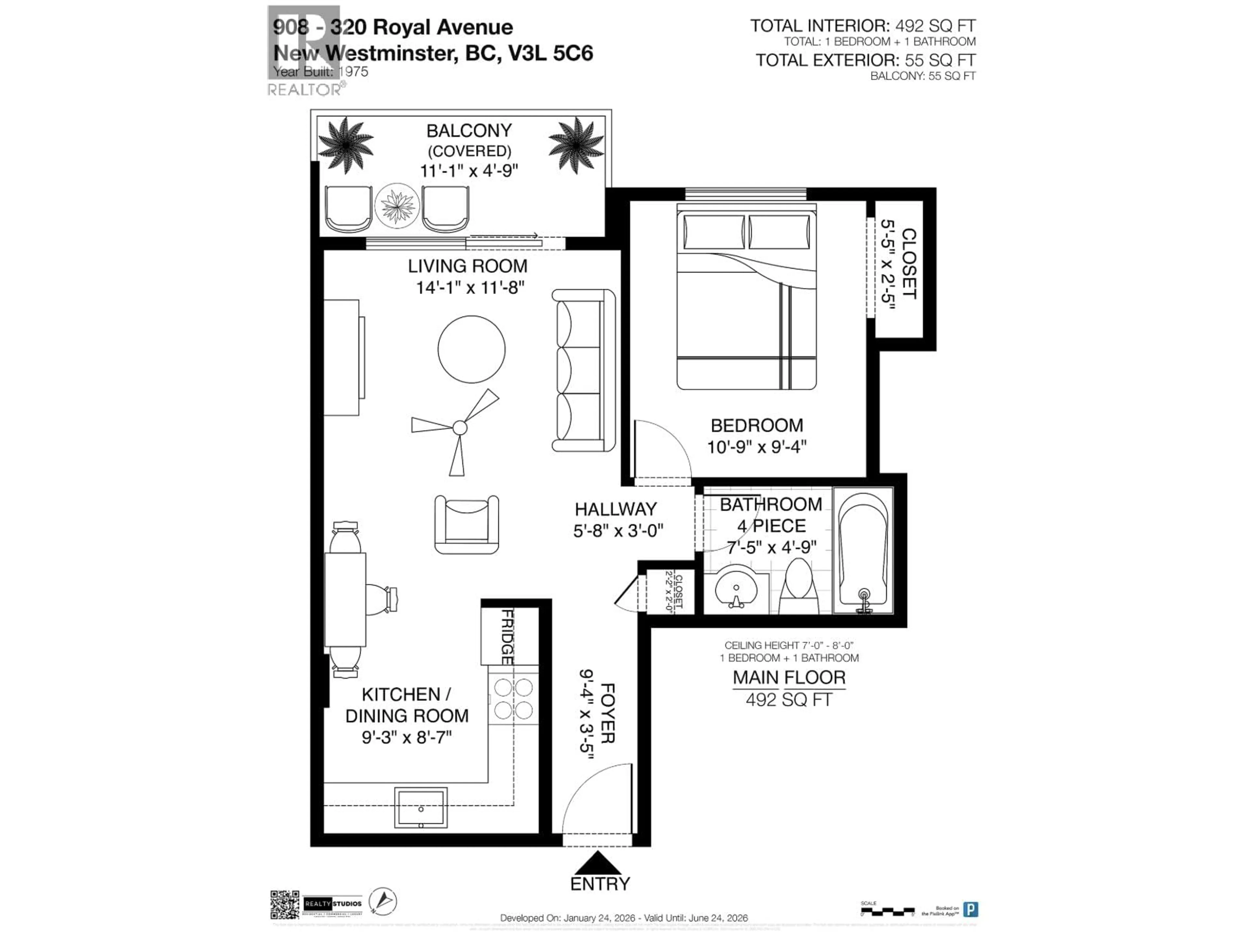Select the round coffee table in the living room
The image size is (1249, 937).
point(472,349)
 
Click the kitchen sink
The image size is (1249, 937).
point(421,808)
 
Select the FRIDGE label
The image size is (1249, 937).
point(507,636)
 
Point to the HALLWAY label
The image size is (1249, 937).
point(615,509)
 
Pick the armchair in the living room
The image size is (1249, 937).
point(466,524)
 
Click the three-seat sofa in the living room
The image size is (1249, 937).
point(583,370)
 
